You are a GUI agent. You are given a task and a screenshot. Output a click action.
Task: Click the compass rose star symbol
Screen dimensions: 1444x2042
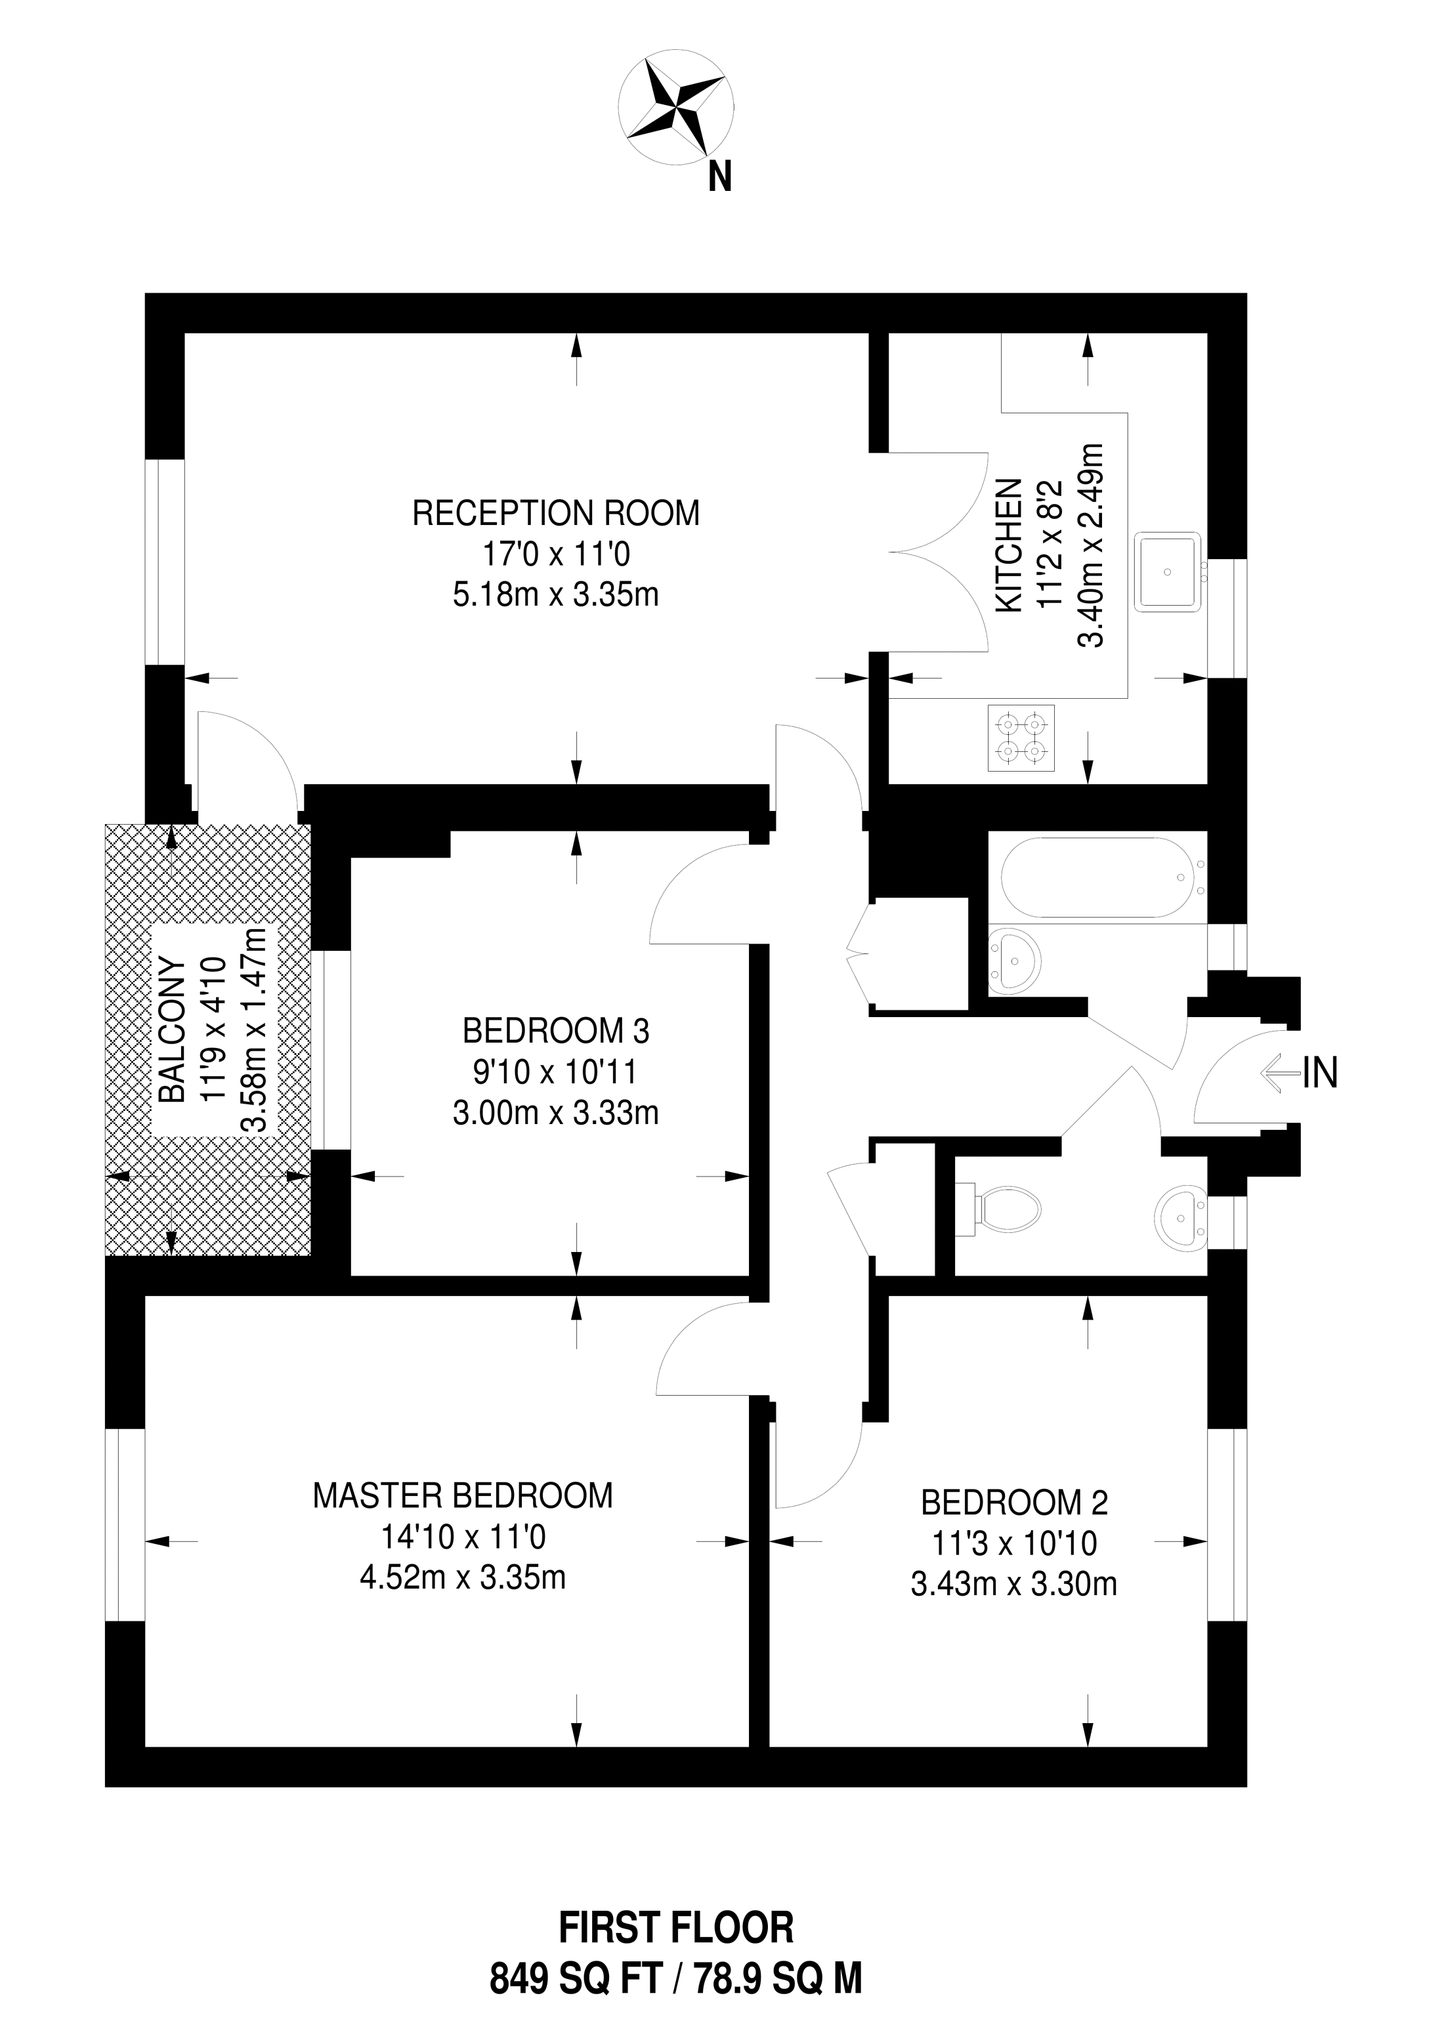[677, 110]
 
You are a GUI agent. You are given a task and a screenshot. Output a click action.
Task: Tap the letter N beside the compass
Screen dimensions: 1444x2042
[720, 177]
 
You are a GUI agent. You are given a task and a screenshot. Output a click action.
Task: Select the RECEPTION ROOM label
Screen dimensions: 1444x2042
[556, 513]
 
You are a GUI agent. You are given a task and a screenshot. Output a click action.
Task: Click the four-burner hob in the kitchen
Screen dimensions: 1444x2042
[1021, 738]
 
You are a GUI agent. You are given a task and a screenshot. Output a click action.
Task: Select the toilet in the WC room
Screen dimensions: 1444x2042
[1008, 1209]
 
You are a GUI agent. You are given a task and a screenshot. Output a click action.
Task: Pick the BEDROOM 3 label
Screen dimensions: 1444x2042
[556, 1031]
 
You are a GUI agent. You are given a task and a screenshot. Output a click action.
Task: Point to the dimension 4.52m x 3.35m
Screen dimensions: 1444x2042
[463, 1577]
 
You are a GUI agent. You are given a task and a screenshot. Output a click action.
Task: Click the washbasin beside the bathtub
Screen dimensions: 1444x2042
[1014, 961]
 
